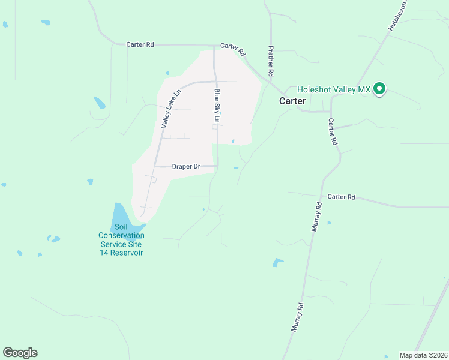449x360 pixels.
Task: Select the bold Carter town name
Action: point(292,101)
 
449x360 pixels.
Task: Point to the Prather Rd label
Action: point(271,61)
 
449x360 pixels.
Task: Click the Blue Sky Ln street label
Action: point(217,106)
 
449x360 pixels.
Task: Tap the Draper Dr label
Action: point(185,166)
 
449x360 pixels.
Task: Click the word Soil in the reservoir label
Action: point(121,227)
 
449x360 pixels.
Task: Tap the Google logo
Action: point(20,353)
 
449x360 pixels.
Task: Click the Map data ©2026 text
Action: point(423,355)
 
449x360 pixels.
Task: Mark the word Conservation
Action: point(121,236)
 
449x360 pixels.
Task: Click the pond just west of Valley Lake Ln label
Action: point(99,103)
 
